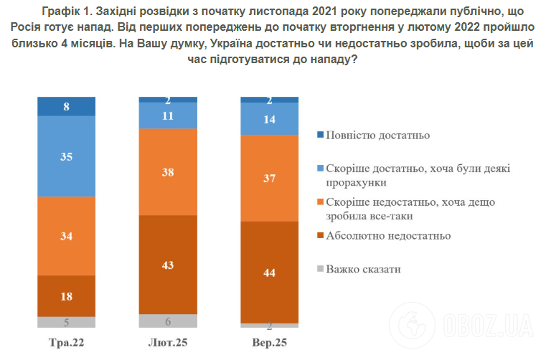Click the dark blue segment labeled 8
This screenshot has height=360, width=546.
66,106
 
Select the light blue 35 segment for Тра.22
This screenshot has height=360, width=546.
66,156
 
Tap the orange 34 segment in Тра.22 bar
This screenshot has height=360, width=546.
66,235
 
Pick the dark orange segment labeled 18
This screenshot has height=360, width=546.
66,295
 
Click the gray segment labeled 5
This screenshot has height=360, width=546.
66,322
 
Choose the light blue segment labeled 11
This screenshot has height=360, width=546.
167,115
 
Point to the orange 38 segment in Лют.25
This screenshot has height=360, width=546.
167,171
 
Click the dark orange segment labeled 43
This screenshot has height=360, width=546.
167,264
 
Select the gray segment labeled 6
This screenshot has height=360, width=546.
167,321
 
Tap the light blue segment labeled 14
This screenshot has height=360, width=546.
270,119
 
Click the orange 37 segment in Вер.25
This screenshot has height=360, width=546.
270,178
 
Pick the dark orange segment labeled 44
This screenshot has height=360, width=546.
270,272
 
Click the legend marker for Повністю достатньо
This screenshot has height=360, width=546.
319,135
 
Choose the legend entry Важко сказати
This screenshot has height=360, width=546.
363,270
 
